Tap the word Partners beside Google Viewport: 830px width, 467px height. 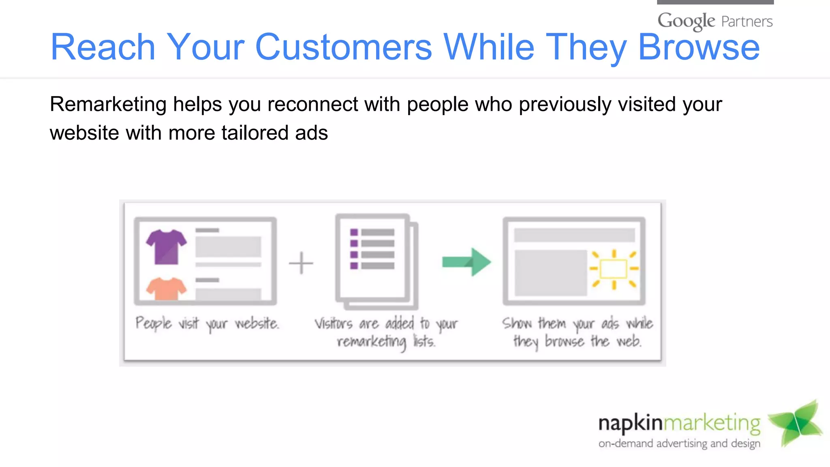point(747,21)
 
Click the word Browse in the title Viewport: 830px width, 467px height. point(699,47)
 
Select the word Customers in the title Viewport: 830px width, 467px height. point(344,47)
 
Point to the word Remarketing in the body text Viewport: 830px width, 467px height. point(108,104)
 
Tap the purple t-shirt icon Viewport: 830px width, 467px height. point(166,246)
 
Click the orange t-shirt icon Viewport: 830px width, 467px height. point(166,289)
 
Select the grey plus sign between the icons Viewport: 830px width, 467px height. point(301,263)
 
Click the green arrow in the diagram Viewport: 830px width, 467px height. point(467,262)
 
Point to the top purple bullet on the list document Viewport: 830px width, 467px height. point(354,232)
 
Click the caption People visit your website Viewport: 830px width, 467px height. point(207,323)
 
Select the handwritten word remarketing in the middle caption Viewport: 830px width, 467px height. point(371,342)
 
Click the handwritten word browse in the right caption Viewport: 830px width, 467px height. point(565,341)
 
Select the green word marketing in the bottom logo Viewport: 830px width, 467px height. point(712,423)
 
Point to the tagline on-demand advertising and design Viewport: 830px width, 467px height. point(679,443)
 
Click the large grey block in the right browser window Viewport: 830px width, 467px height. point(550,273)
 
